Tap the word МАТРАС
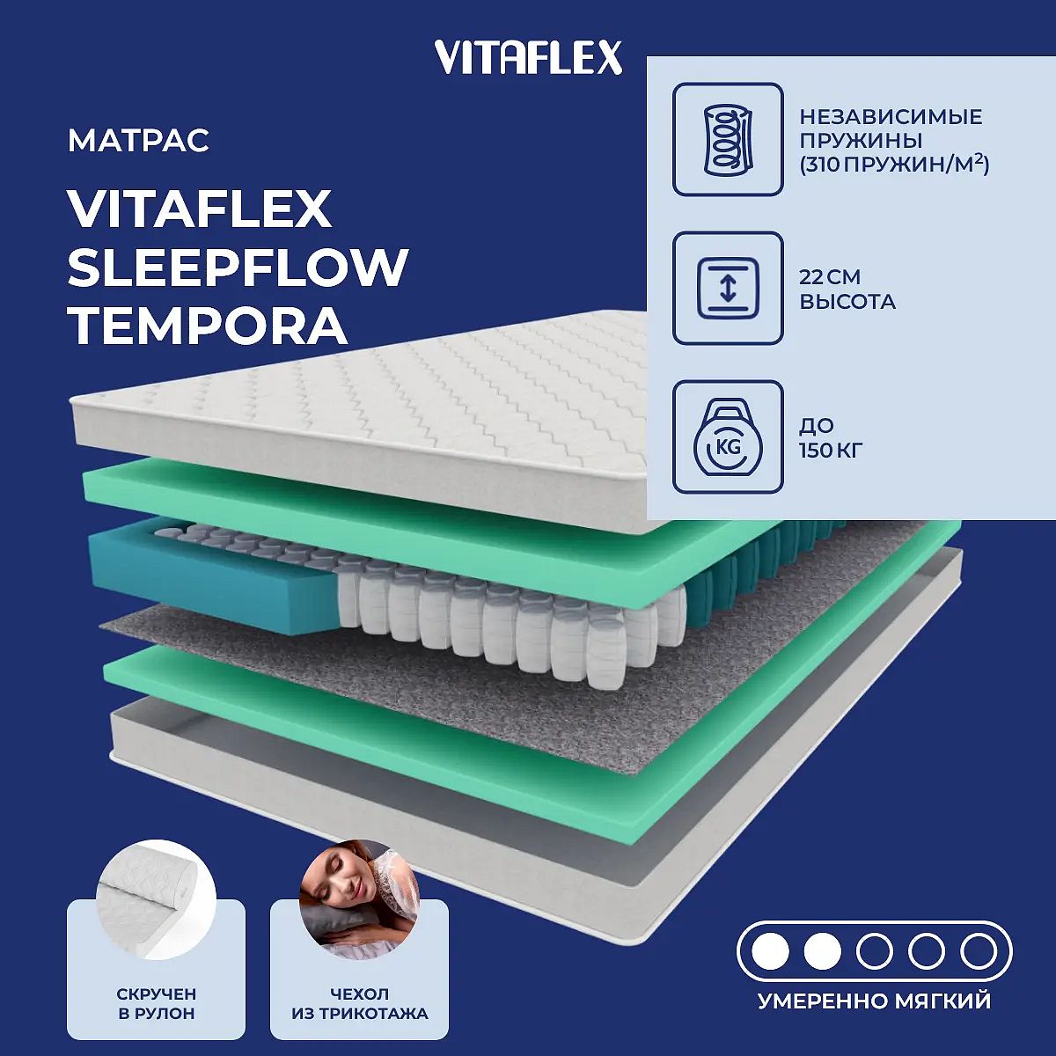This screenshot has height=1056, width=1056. (139, 140)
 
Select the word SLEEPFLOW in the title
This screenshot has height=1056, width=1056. (238, 268)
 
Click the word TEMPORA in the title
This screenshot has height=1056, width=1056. (208, 326)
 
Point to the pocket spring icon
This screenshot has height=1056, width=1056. (728, 140)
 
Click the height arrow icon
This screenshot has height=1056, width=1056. (728, 289)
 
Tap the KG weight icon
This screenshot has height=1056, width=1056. (728, 437)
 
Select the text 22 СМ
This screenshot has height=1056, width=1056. (830, 277)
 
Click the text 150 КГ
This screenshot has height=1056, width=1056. (831, 451)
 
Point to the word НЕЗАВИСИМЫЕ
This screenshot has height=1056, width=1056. (891, 117)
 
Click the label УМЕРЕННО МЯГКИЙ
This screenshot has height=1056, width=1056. (875, 1001)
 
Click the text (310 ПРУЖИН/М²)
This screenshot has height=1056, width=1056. (894, 165)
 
